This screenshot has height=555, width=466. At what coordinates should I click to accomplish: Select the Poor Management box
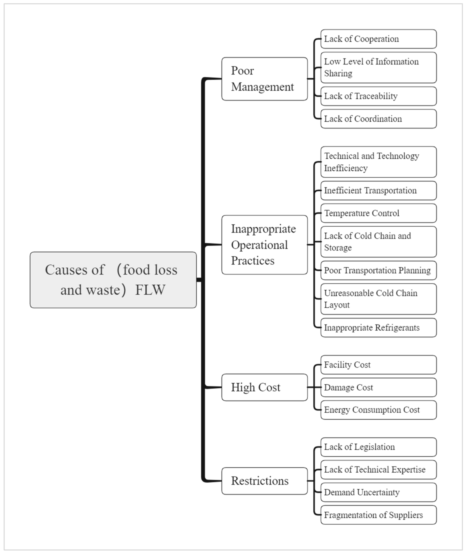[x=264, y=79]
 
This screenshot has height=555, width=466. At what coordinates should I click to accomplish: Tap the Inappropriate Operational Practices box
[x=264, y=245]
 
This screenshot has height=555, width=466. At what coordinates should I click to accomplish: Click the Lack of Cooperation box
[x=378, y=39]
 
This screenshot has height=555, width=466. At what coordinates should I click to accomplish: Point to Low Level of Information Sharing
[x=378, y=67]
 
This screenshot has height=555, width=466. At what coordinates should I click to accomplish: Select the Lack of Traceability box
[x=378, y=96]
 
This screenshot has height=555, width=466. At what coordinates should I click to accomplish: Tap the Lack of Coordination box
[x=378, y=119]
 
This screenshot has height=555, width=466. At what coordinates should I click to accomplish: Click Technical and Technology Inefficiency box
[x=378, y=162]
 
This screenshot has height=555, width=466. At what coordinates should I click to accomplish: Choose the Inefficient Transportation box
[x=378, y=190]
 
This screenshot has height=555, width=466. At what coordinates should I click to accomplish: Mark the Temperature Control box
[x=378, y=213]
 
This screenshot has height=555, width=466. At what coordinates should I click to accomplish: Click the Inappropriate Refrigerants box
[x=378, y=327]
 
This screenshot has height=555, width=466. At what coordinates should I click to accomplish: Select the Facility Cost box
[x=378, y=365]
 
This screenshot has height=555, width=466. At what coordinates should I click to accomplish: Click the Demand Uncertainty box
[x=378, y=492]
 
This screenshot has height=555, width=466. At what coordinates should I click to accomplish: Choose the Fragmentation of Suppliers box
[x=378, y=515]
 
